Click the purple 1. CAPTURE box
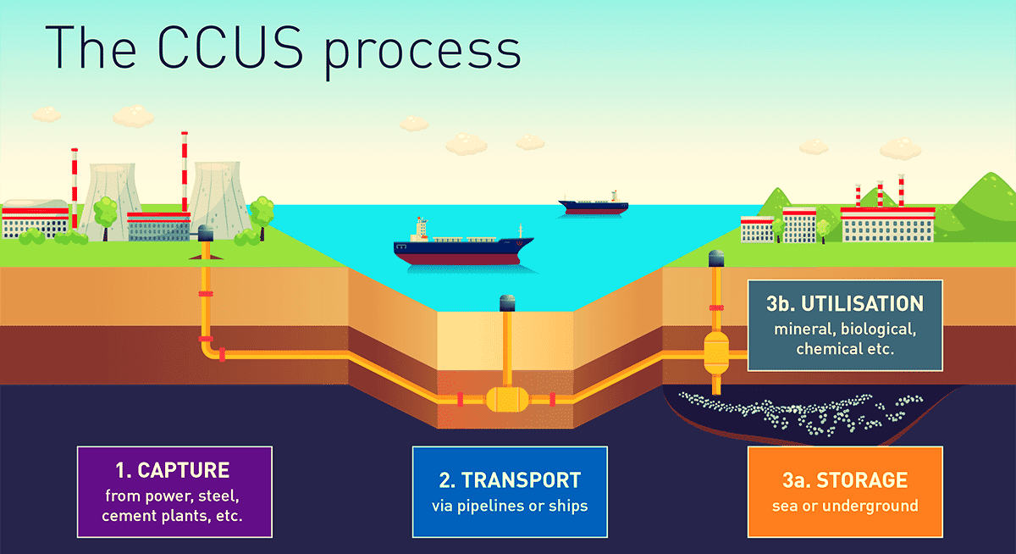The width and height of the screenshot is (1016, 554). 174,491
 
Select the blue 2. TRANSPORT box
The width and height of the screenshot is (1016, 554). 510,491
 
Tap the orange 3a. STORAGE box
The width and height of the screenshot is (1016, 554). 845,491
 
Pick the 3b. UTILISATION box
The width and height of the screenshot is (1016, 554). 845,325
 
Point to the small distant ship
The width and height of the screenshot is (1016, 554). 594,204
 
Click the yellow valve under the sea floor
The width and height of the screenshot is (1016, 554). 506,398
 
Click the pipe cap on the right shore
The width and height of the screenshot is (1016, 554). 716,258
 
